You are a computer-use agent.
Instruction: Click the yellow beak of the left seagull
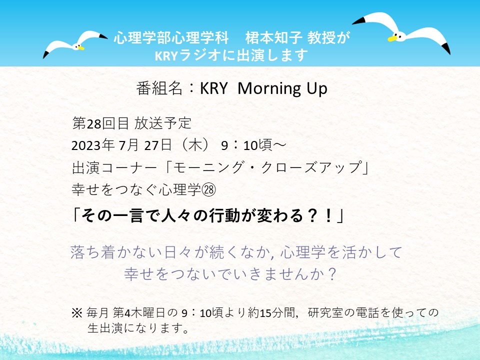(81, 48)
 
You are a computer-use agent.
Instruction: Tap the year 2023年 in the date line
(93, 145)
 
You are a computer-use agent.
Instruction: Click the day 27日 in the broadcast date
(157, 145)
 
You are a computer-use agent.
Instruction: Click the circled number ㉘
(208, 190)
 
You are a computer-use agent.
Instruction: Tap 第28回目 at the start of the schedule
(100, 123)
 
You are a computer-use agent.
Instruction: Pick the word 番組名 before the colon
(159, 88)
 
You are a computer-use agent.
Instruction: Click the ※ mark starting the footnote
(77, 313)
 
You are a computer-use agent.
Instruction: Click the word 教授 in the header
(321, 37)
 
